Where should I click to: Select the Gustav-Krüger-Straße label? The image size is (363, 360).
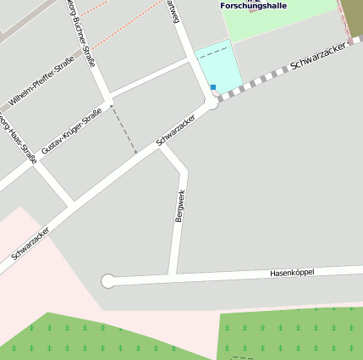(x=72, y=130)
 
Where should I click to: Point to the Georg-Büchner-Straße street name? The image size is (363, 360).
(x=81, y=32)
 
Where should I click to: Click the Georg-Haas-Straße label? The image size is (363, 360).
(x=19, y=136)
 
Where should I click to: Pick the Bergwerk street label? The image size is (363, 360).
(x=179, y=206)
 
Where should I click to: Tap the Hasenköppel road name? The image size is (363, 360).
(x=292, y=272)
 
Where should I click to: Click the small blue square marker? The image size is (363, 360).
(x=213, y=87)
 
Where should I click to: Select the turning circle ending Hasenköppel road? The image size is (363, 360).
(x=107, y=280)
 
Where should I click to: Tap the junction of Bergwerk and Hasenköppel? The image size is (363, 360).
(x=173, y=276)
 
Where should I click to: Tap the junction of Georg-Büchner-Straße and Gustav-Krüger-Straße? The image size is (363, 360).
(x=105, y=92)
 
